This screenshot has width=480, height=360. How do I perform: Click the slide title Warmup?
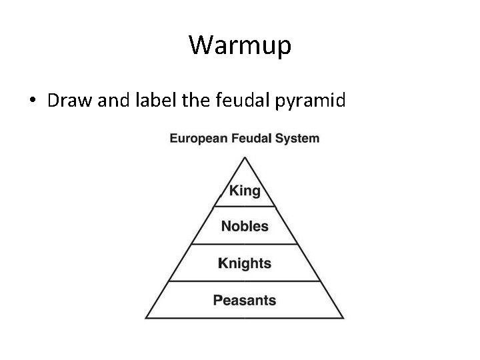pos(240,45)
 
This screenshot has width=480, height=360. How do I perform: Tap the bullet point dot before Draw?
pos(32,102)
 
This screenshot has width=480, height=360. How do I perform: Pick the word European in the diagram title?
pos(197,139)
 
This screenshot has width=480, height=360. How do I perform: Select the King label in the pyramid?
pos(245,191)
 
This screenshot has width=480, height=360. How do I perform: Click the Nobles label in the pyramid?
pos(245,226)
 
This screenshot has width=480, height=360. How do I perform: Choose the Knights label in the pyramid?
pos(245,263)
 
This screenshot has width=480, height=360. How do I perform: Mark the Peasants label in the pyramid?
pos(245,300)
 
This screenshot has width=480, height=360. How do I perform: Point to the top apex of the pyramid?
pos(245,157)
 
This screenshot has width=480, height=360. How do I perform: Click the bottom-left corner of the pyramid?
pos(147,318)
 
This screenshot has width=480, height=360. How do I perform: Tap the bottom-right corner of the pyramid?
pos(343,318)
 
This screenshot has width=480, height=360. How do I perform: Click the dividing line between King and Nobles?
pos(245,207)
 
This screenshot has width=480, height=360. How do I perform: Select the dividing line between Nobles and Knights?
pos(245,244)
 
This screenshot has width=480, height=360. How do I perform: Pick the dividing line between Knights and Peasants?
pos(245,281)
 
